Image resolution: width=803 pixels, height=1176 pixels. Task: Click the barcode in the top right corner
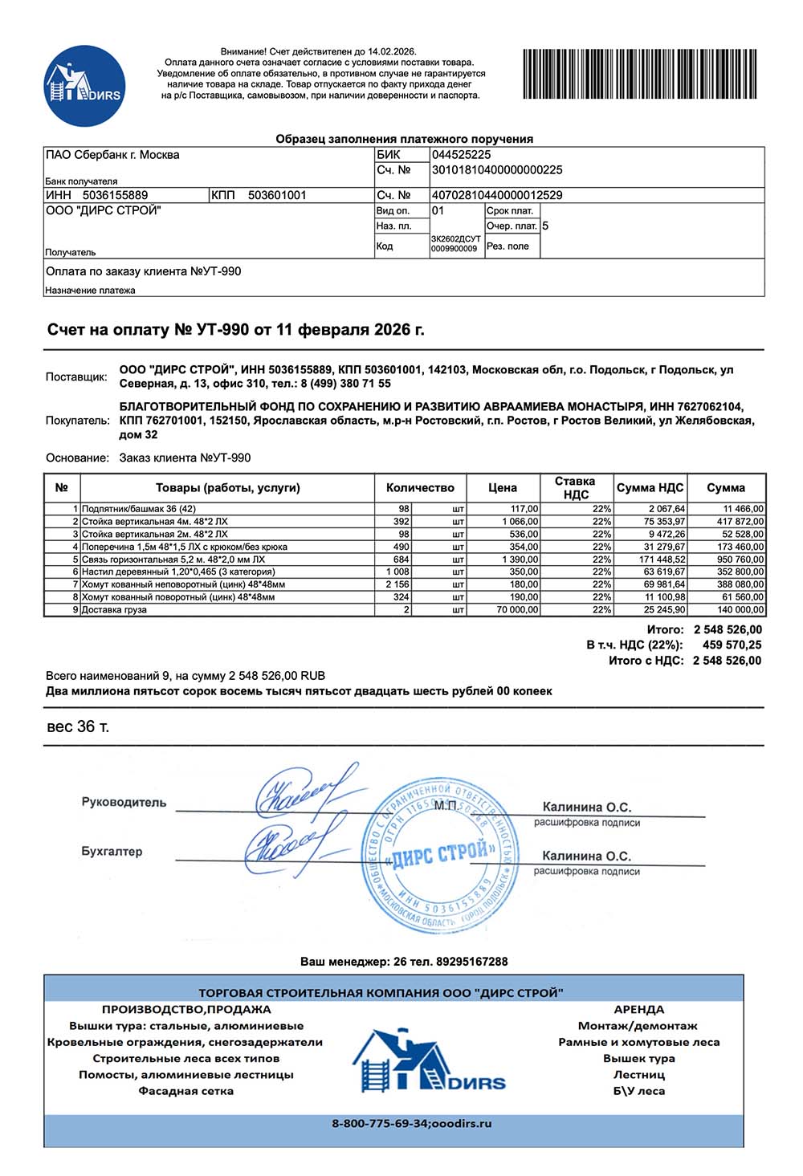pyautogui.click(x=640, y=74)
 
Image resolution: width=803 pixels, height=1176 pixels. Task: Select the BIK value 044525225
pyautogui.click(x=461, y=155)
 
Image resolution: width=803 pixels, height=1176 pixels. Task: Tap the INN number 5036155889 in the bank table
pyautogui.click(x=115, y=195)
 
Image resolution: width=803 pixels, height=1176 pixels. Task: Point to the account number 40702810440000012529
pyautogui.click(x=497, y=195)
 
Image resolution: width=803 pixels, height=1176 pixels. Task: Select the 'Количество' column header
pyautogui.click(x=420, y=487)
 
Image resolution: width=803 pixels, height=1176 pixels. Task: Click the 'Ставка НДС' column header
pyautogui.click(x=575, y=487)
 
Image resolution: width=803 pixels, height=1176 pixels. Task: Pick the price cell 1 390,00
pyautogui.click(x=520, y=560)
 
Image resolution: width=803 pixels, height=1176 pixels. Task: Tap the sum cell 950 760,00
pyautogui.click(x=740, y=560)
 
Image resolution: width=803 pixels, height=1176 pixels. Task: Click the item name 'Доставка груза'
pyautogui.click(x=114, y=610)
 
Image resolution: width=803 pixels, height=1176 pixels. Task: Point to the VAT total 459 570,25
pyautogui.click(x=732, y=645)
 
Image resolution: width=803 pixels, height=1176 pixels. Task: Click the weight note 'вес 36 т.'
pyautogui.click(x=78, y=727)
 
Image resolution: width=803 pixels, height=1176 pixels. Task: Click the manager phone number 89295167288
pyautogui.click(x=472, y=962)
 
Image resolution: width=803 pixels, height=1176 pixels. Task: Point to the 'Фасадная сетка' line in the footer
pyautogui.click(x=185, y=1091)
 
